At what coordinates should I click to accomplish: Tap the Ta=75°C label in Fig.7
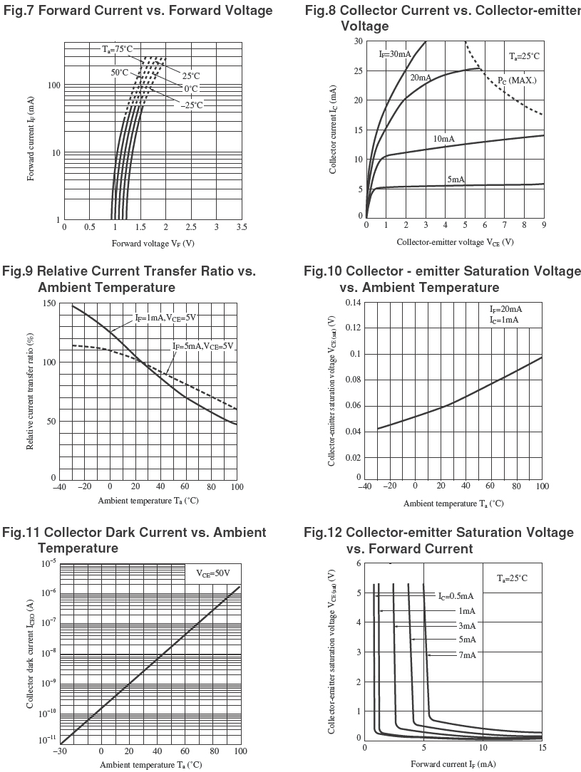(117, 49)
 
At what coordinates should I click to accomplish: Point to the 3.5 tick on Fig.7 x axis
(242, 226)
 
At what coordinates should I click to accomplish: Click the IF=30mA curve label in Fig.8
(394, 54)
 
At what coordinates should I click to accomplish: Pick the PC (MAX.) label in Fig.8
(517, 80)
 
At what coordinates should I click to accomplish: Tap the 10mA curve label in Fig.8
(444, 138)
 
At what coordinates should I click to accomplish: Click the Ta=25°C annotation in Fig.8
(524, 56)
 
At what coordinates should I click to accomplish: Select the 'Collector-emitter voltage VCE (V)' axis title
(455, 242)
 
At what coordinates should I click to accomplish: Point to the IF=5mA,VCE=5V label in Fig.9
(203, 346)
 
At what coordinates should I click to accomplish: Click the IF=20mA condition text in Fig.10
(505, 309)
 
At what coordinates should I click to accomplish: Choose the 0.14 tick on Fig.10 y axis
(352, 303)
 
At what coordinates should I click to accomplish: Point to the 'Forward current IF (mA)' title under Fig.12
(453, 764)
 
